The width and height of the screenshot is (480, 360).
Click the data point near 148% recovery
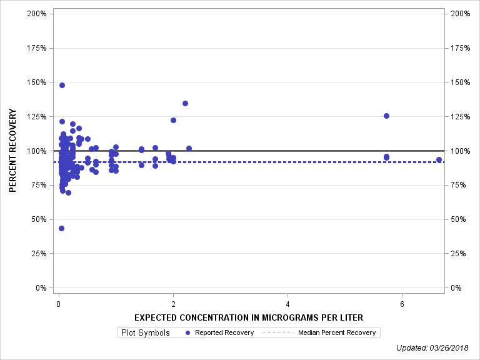[x=62, y=85]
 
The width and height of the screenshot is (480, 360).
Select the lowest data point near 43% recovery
[x=61, y=229]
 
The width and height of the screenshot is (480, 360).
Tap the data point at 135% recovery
[x=185, y=103]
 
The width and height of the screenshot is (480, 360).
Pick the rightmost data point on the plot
[x=439, y=159]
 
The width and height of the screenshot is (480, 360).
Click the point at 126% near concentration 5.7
[x=386, y=116]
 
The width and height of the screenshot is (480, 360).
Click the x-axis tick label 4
[x=287, y=304]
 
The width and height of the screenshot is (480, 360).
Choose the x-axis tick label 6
[x=402, y=304]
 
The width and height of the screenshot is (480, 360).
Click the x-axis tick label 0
[x=58, y=304]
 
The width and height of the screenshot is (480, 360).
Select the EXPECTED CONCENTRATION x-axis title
[x=249, y=317]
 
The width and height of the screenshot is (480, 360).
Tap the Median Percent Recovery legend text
[x=337, y=332]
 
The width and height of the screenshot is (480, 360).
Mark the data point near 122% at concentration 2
[x=173, y=120]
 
